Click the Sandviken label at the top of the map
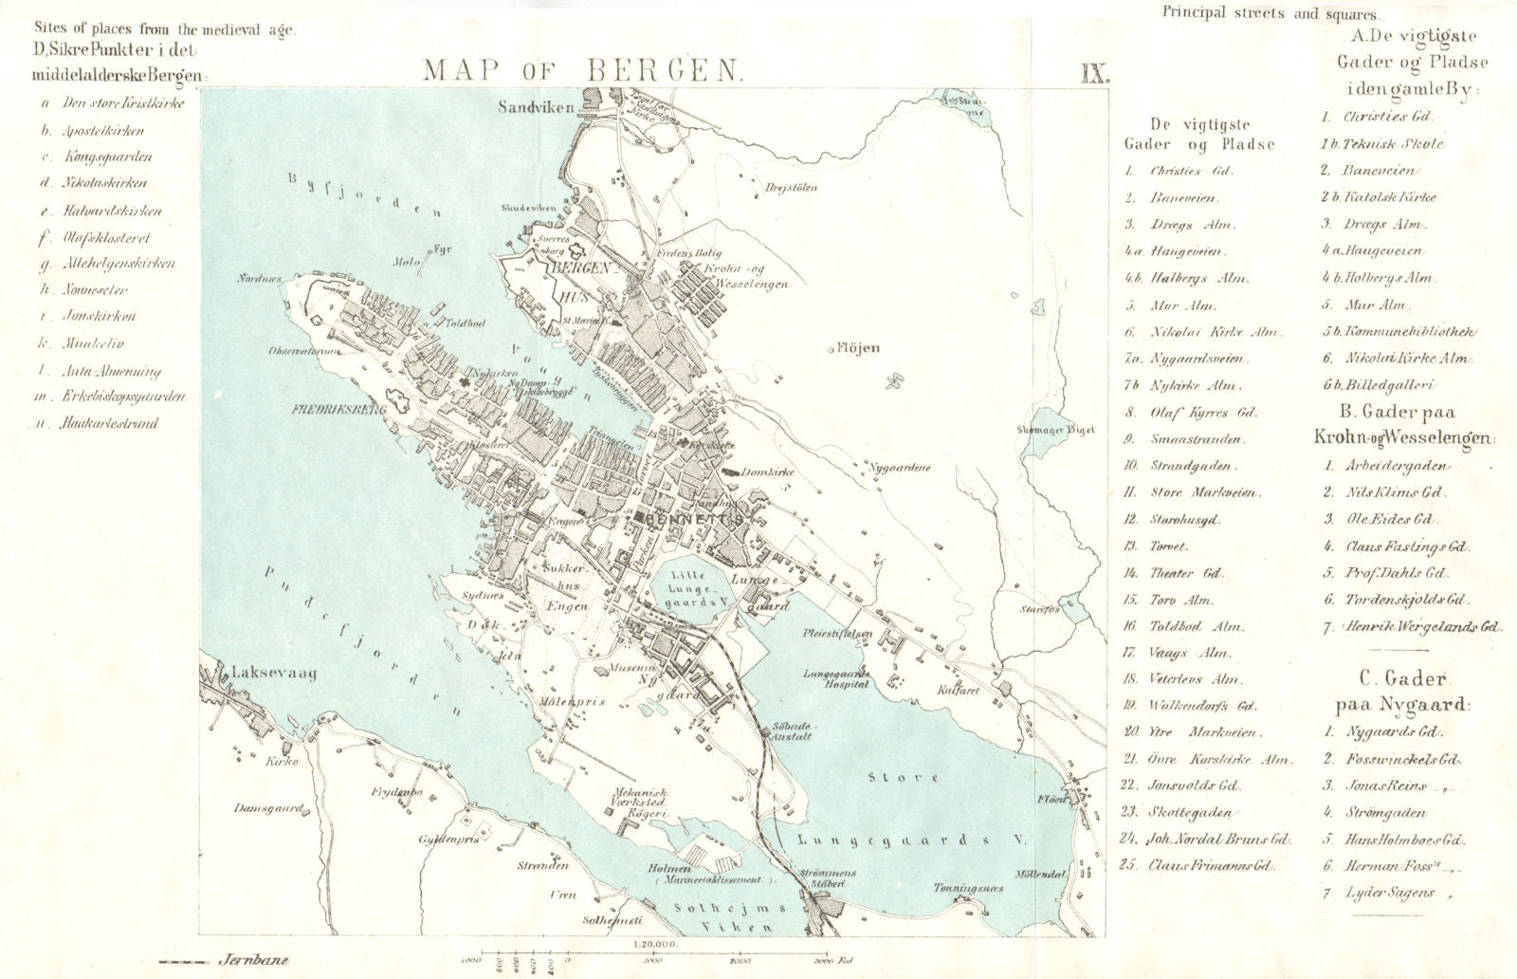click(x=537, y=107)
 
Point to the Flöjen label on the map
click(x=858, y=348)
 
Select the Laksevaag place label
click(x=273, y=673)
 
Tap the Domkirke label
click(x=769, y=471)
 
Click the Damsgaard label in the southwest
click(x=268, y=808)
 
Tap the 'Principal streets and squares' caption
click(x=1270, y=14)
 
